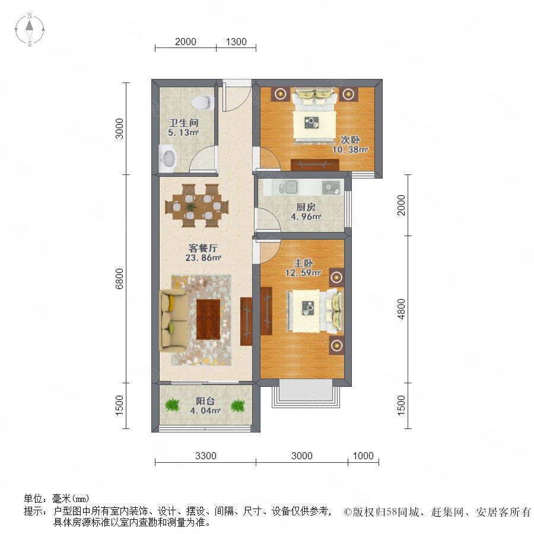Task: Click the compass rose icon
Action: click(x=30, y=30)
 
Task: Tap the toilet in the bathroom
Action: click(x=203, y=102)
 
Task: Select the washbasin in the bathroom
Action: click(x=169, y=158)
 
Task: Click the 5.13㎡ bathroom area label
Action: click(x=183, y=133)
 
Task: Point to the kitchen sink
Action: click(x=288, y=187)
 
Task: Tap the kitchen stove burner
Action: click(x=330, y=187)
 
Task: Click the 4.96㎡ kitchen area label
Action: click(x=306, y=217)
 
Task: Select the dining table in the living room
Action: click(x=197, y=206)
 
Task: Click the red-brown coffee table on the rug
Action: click(x=208, y=319)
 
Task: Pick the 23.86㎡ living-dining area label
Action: click(x=204, y=258)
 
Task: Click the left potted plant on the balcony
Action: click(x=172, y=405)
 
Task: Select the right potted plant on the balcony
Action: click(x=238, y=405)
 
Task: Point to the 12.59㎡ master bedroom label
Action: click(x=303, y=273)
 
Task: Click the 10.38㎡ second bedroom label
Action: click(x=351, y=150)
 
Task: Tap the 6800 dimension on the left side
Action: click(x=119, y=279)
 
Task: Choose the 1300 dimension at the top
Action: click(x=236, y=42)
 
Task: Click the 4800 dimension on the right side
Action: click(x=402, y=309)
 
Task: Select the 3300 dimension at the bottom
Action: click(x=206, y=456)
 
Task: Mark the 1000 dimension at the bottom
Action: click(x=363, y=456)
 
